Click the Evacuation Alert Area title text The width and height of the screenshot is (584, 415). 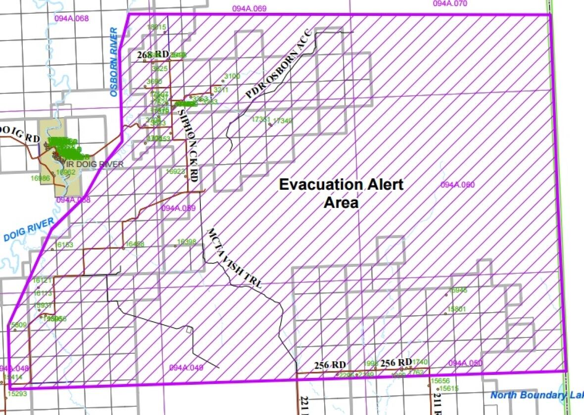click(341, 193)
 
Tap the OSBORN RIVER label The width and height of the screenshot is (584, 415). click(114, 62)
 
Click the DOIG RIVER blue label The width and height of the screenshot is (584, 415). click(28, 231)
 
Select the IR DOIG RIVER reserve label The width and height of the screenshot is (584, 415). click(95, 165)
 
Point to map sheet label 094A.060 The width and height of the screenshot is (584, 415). click(457, 185)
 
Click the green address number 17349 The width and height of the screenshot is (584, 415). click(283, 120)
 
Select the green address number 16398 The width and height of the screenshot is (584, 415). click(187, 242)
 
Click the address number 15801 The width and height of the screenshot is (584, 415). click(457, 309)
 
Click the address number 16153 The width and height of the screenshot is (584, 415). click(64, 245)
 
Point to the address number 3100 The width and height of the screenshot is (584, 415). click(232, 76)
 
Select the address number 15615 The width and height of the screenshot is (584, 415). click(449, 388)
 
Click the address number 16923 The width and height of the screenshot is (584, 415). click(176, 171)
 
